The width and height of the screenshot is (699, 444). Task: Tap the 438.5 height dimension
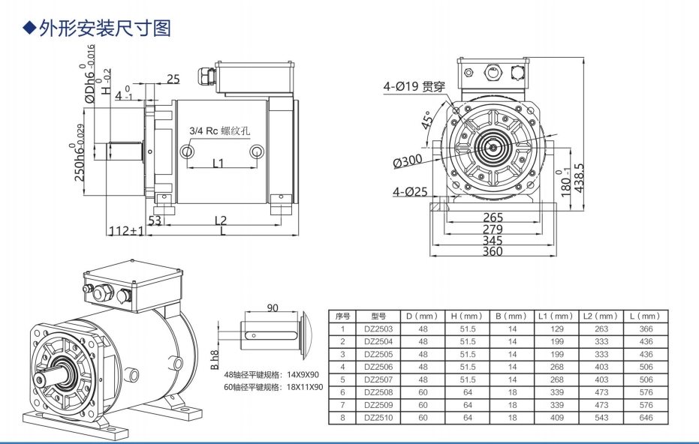click(x=579, y=178)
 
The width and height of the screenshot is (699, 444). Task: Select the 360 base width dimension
click(x=492, y=252)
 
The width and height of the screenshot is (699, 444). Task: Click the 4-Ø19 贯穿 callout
click(x=414, y=86)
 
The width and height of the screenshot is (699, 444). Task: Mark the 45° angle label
click(x=428, y=121)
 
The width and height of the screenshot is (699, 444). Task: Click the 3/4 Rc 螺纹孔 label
click(x=219, y=130)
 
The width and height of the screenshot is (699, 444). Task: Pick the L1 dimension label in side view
click(x=218, y=163)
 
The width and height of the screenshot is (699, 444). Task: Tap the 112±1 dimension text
click(x=126, y=231)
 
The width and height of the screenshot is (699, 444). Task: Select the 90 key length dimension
click(x=272, y=307)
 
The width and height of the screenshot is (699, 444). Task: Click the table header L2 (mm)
click(x=601, y=316)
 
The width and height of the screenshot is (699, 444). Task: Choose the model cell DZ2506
click(x=379, y=367)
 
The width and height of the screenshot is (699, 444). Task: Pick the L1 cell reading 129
click(x=556, y=328)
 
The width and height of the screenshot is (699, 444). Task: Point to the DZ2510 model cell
click(x=379, y=417)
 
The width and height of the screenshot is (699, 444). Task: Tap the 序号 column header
click(x=342, y=316)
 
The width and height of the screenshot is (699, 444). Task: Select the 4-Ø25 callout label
click(x=410, y=192)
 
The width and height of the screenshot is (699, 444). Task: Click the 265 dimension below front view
click(x=493, y=217)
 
